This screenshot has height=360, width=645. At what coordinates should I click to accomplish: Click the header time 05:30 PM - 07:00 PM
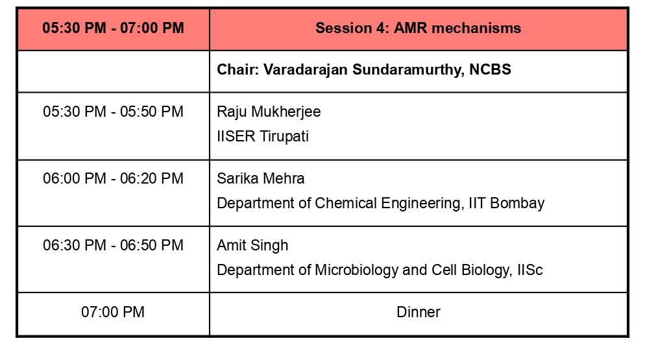[113, 28]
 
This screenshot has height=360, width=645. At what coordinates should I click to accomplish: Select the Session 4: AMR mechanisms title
[419, 28]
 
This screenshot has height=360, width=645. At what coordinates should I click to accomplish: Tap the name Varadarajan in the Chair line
[306, 69]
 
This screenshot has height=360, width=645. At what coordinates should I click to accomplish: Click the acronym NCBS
[490, 69]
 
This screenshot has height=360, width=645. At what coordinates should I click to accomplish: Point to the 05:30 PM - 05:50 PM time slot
[113, 112]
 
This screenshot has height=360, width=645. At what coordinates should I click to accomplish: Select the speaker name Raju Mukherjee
[269, 112]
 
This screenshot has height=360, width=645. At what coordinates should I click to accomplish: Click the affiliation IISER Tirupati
[263, 136]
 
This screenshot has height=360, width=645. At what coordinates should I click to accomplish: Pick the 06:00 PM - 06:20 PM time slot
[113, 178]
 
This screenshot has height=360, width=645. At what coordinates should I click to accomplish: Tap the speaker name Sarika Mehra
[261, 178]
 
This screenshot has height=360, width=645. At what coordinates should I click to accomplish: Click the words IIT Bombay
[506, 203]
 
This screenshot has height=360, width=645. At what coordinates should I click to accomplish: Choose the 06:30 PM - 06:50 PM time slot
[113, 245]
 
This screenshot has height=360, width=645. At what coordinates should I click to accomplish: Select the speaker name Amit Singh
[252, 246]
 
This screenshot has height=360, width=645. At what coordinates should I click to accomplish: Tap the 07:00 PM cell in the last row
[113, 312]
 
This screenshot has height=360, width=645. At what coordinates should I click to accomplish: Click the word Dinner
[419, 312]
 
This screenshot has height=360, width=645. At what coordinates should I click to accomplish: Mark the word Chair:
[237, 69]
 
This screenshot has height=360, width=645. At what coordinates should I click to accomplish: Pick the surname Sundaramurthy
[408, 70]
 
